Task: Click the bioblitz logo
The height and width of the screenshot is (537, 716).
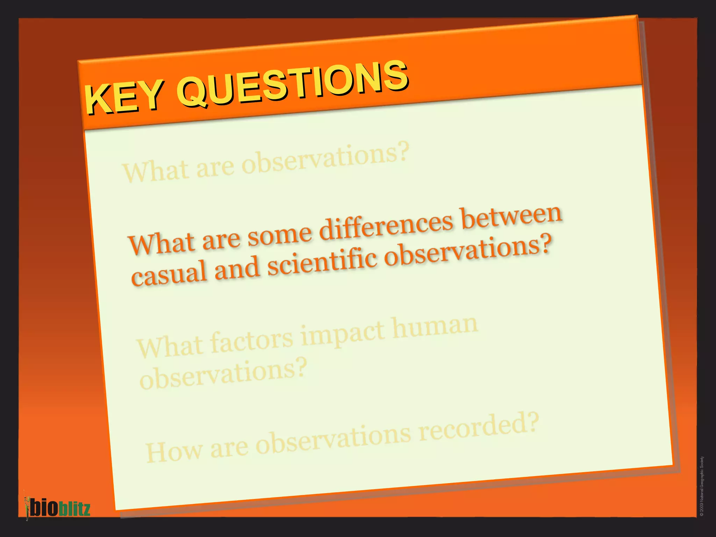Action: pyautogui.click(x=58, y=507)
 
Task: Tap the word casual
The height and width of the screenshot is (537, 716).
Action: pyautogui.click(x=169, y=273)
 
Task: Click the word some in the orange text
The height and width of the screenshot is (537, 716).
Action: pyautogui.click(x=279, y=235)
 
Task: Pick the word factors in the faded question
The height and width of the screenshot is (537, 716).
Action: pyautogui.click(x=252, y=340)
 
